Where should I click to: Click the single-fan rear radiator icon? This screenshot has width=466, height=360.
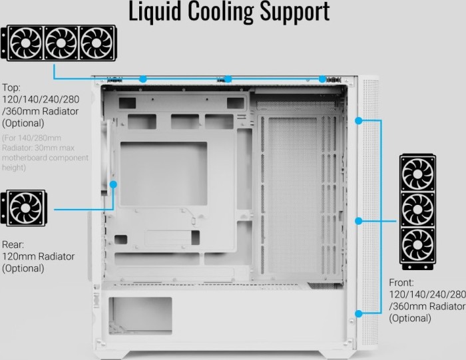pyautogui.click(x=25, y=208)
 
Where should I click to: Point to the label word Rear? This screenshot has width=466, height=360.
pyautogui.click(x=13, y=244)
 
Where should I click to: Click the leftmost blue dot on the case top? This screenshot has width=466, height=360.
pyautogui.click(x=142, y=79)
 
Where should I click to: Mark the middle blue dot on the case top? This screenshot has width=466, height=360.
pyautogui.click(x=228, y=79)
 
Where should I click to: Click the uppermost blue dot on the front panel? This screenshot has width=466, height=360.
pyautogui.click(x=359, y=121)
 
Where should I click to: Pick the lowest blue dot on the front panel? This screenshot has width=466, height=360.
pyautogui.click(x=359, y=312)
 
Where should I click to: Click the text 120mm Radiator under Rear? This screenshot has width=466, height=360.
pyautogui.click(x=38, y=256)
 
